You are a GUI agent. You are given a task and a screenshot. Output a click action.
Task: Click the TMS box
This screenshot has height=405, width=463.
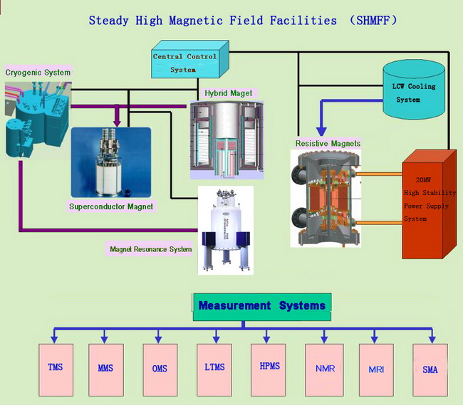pos(55,369)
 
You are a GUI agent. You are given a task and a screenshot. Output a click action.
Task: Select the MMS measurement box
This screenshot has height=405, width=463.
pos(106,369)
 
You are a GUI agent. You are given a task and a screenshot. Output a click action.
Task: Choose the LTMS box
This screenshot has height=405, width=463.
pos(214,369)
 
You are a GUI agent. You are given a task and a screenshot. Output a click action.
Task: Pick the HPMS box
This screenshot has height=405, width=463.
pos(269,369)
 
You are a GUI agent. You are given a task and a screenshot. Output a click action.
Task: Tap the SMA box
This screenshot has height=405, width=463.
pos(430,369)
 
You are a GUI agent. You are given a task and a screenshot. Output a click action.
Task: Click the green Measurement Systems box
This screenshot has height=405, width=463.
pos(261,306)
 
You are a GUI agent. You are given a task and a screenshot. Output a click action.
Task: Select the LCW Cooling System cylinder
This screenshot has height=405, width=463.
pos(414,90)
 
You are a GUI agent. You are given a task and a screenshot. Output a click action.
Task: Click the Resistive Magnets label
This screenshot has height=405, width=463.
pos(328,144)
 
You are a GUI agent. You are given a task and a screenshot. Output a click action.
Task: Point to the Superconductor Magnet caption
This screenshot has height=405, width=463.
pos(110,206)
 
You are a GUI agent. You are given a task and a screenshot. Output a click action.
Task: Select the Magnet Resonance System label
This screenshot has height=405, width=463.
pos(150,250)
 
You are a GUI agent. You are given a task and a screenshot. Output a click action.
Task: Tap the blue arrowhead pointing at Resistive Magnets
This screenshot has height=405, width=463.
pos(321,131)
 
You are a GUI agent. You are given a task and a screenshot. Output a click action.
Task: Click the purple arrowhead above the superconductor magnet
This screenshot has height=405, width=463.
pos(115,123)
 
